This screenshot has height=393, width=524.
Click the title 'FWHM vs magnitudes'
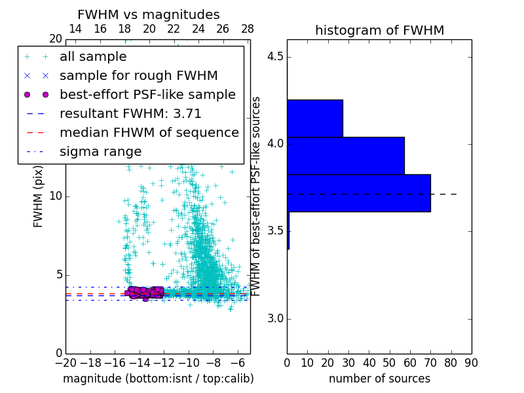coord(149,15)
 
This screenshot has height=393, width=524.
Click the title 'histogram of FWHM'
coord(379,30)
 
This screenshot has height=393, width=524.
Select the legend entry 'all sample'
coord(93,57)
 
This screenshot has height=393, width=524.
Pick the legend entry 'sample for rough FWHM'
coord(139,75)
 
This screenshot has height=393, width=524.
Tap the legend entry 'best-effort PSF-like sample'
coord(147,94)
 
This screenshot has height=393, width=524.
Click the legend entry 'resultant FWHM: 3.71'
coord(130,113)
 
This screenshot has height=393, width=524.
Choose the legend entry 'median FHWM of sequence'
coord(149,132)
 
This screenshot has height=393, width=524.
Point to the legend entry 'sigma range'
coord(100,151)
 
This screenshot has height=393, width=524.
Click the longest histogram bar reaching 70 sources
coord(358,193)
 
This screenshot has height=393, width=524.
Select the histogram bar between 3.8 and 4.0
coord(345,155)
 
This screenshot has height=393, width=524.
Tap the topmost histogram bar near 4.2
coord(314,118)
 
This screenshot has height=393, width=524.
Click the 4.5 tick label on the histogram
coord(275,56)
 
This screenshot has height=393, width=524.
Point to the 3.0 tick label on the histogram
coord(275,319)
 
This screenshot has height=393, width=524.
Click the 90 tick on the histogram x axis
coord(471,362)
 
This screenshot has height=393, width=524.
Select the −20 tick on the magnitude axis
coord(65,362)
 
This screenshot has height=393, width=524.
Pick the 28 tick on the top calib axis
coord(248,29)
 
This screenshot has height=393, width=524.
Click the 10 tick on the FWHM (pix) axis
coord(56,196)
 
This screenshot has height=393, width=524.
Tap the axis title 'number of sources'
coord(379,379)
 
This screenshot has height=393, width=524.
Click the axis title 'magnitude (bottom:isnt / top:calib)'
coord(158,379)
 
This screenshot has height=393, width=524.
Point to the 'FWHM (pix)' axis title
coord(39,196)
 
